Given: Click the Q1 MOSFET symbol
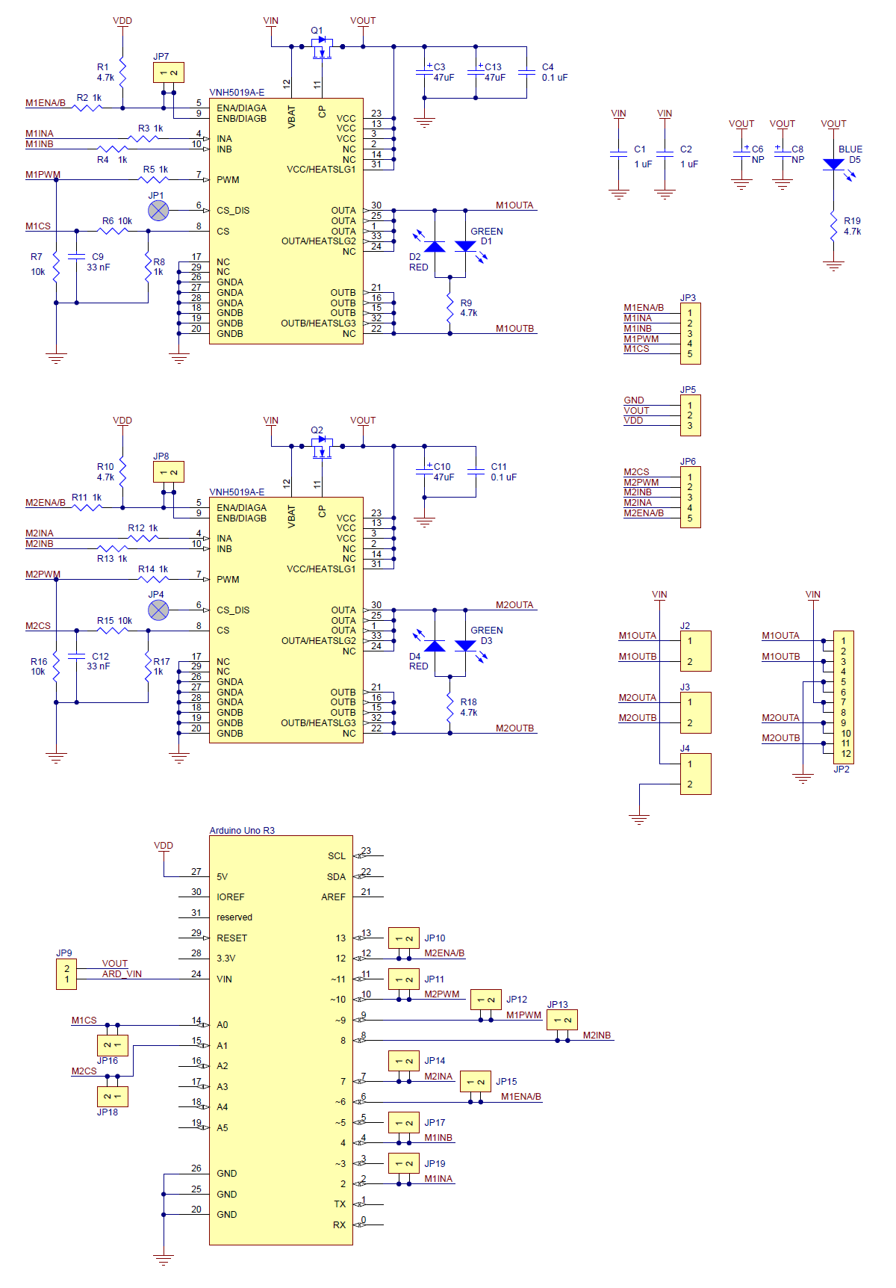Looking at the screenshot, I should point(322,48).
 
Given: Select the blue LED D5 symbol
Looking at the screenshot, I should point(833,164).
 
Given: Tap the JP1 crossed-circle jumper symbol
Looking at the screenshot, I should point(158,211).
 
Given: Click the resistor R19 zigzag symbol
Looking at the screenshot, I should point(833,226).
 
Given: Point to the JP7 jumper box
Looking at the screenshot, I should point(168,72).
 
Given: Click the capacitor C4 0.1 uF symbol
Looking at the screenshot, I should point(527,72).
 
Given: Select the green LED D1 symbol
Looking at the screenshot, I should point(465,247).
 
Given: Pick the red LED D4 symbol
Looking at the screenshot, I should point(435,646).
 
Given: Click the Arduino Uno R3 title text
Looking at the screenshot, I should point(242,831).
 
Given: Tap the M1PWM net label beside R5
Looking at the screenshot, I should point(43,175).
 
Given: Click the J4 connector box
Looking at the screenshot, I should point(695,774).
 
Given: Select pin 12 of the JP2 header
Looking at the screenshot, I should point(845,754).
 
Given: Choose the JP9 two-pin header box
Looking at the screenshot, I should point(66,974).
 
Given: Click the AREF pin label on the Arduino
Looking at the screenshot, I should point(333,897).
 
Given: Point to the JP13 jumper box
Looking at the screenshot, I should point(562,1020).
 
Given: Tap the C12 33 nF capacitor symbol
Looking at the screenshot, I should point(76,656).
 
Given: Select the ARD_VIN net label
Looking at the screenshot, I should point(122,974).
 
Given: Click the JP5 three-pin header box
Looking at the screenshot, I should point(690,415).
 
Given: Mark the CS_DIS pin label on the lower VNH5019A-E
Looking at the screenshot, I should point(233,610).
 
